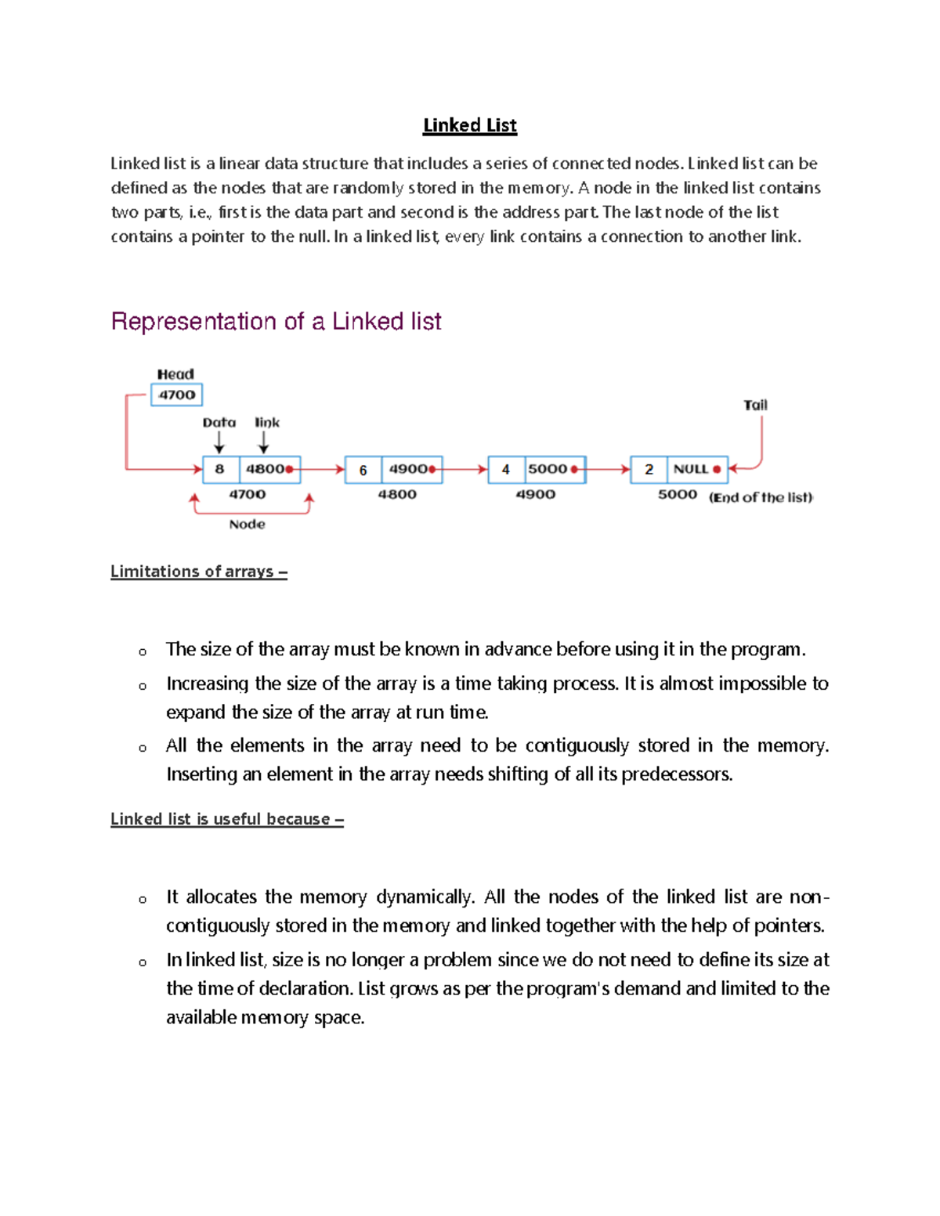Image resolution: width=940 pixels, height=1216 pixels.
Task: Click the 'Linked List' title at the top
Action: pyautogui.click(x=469, y=125)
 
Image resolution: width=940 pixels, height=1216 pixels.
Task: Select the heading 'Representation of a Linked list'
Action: pyautogui.click(x=276, y=321)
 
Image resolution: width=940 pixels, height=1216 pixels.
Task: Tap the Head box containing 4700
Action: pyautogui.click(x=176, y=395)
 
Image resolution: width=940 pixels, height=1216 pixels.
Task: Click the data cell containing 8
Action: pyautogui.click(x=220, y=469)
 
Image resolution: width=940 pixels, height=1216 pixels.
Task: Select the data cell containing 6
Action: pyautogui.click(x=363, y=470)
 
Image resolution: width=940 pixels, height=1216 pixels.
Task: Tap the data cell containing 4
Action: pyautogui.click(x=506, y=469)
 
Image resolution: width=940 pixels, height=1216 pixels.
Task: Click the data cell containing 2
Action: pyautogui.click(x=649, y=469)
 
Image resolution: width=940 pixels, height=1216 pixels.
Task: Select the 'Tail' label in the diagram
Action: pyautogui.click(x=755, y=405)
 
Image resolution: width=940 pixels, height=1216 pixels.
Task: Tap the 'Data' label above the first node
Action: pyautogui.click(x=219, y=423)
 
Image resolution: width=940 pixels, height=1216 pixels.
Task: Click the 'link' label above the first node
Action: pyautogui.click(x=267, y=423)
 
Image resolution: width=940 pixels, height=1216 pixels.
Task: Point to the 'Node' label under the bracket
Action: pyautogui.click(x=247, y=525)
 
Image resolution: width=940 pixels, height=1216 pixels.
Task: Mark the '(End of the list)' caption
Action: pyautogui.click(x=761, y=497)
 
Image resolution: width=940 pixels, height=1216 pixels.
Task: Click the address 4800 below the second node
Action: pyautogui.click(x=397, y=495)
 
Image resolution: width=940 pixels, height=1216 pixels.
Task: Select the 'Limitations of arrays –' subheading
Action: pyautogui.click(x=199, y=572)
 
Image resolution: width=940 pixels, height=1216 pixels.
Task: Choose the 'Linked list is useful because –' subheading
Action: pyautogui.click(x=227, y=819)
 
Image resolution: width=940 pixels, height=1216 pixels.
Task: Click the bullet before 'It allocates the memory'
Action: pyautogui.click(x=143, y=899)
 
